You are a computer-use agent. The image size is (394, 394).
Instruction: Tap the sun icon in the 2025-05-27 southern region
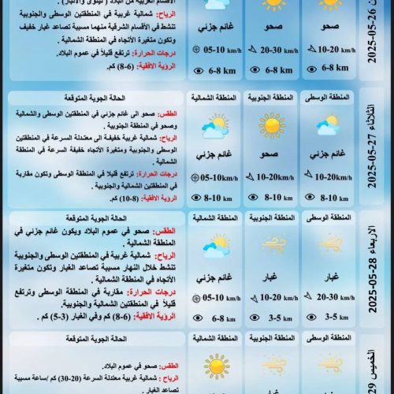(x=271, y=125)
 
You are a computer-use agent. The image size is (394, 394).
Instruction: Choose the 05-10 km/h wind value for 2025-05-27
(x=217, y=177)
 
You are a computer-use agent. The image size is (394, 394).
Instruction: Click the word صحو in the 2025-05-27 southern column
(x=271, y=155)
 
